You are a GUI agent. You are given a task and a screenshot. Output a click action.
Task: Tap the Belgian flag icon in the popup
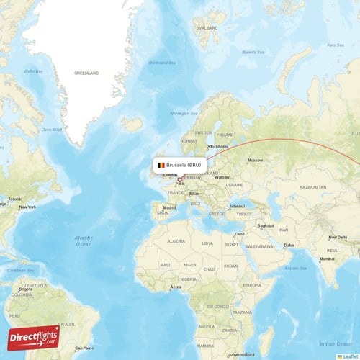161,166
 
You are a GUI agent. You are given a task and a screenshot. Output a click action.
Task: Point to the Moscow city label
255,160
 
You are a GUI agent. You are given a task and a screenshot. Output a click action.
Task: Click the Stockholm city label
217,147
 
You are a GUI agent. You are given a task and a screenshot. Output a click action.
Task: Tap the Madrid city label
169,207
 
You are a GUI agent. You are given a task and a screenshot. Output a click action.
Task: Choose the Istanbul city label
237,207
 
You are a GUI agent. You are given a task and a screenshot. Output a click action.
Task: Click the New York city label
27,207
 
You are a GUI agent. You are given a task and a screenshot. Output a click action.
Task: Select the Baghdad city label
266,225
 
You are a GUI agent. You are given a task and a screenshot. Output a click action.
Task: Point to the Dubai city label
289,245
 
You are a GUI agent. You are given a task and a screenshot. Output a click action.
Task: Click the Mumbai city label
328,258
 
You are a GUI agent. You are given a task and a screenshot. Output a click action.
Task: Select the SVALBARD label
207,28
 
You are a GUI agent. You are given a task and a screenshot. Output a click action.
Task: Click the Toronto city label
15,198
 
